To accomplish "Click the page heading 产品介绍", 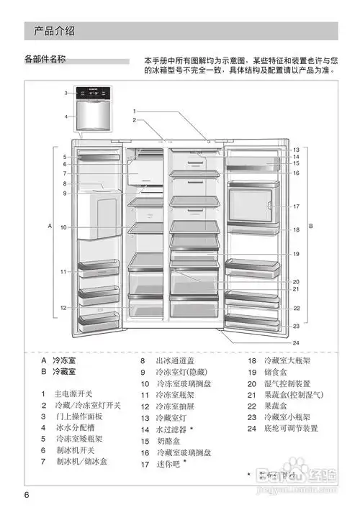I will click(55, 31).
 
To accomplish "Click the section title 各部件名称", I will click(45, 60).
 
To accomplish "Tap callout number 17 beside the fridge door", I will click(295, 206).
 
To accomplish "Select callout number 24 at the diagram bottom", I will click(295, 342).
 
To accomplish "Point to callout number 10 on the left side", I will click(63, 227).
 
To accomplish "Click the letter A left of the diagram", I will click(50, 226).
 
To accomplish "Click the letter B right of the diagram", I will click(310, 226).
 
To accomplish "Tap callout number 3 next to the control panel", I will click(64, 93).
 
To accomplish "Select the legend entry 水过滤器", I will click(174, 429).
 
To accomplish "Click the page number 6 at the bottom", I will click(27, 495).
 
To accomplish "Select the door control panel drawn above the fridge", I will click(95, 96).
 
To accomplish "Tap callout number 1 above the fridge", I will click(133, 111).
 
